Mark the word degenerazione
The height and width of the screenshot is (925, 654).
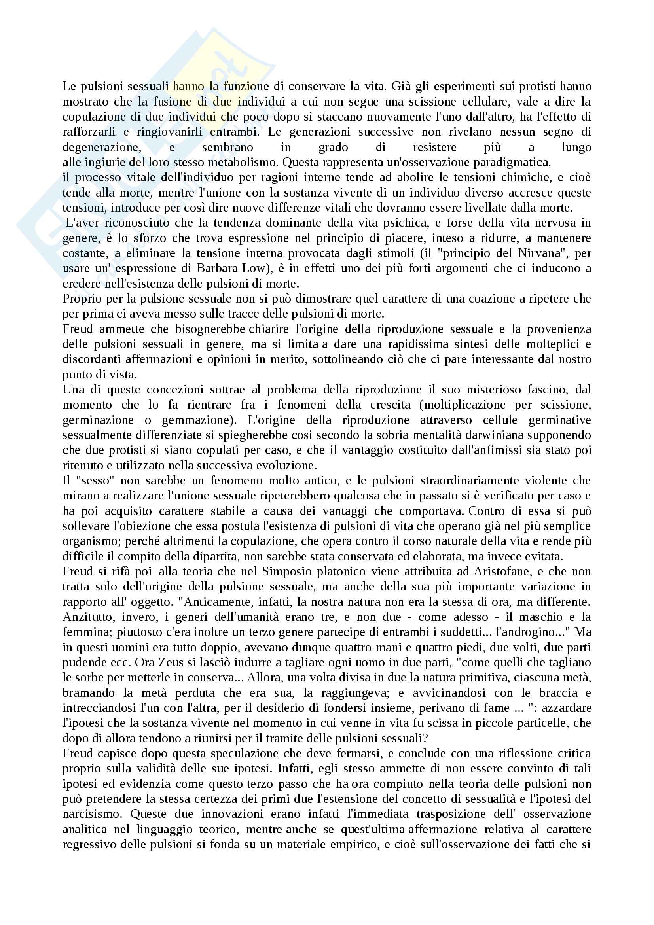[x=102, y=147]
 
